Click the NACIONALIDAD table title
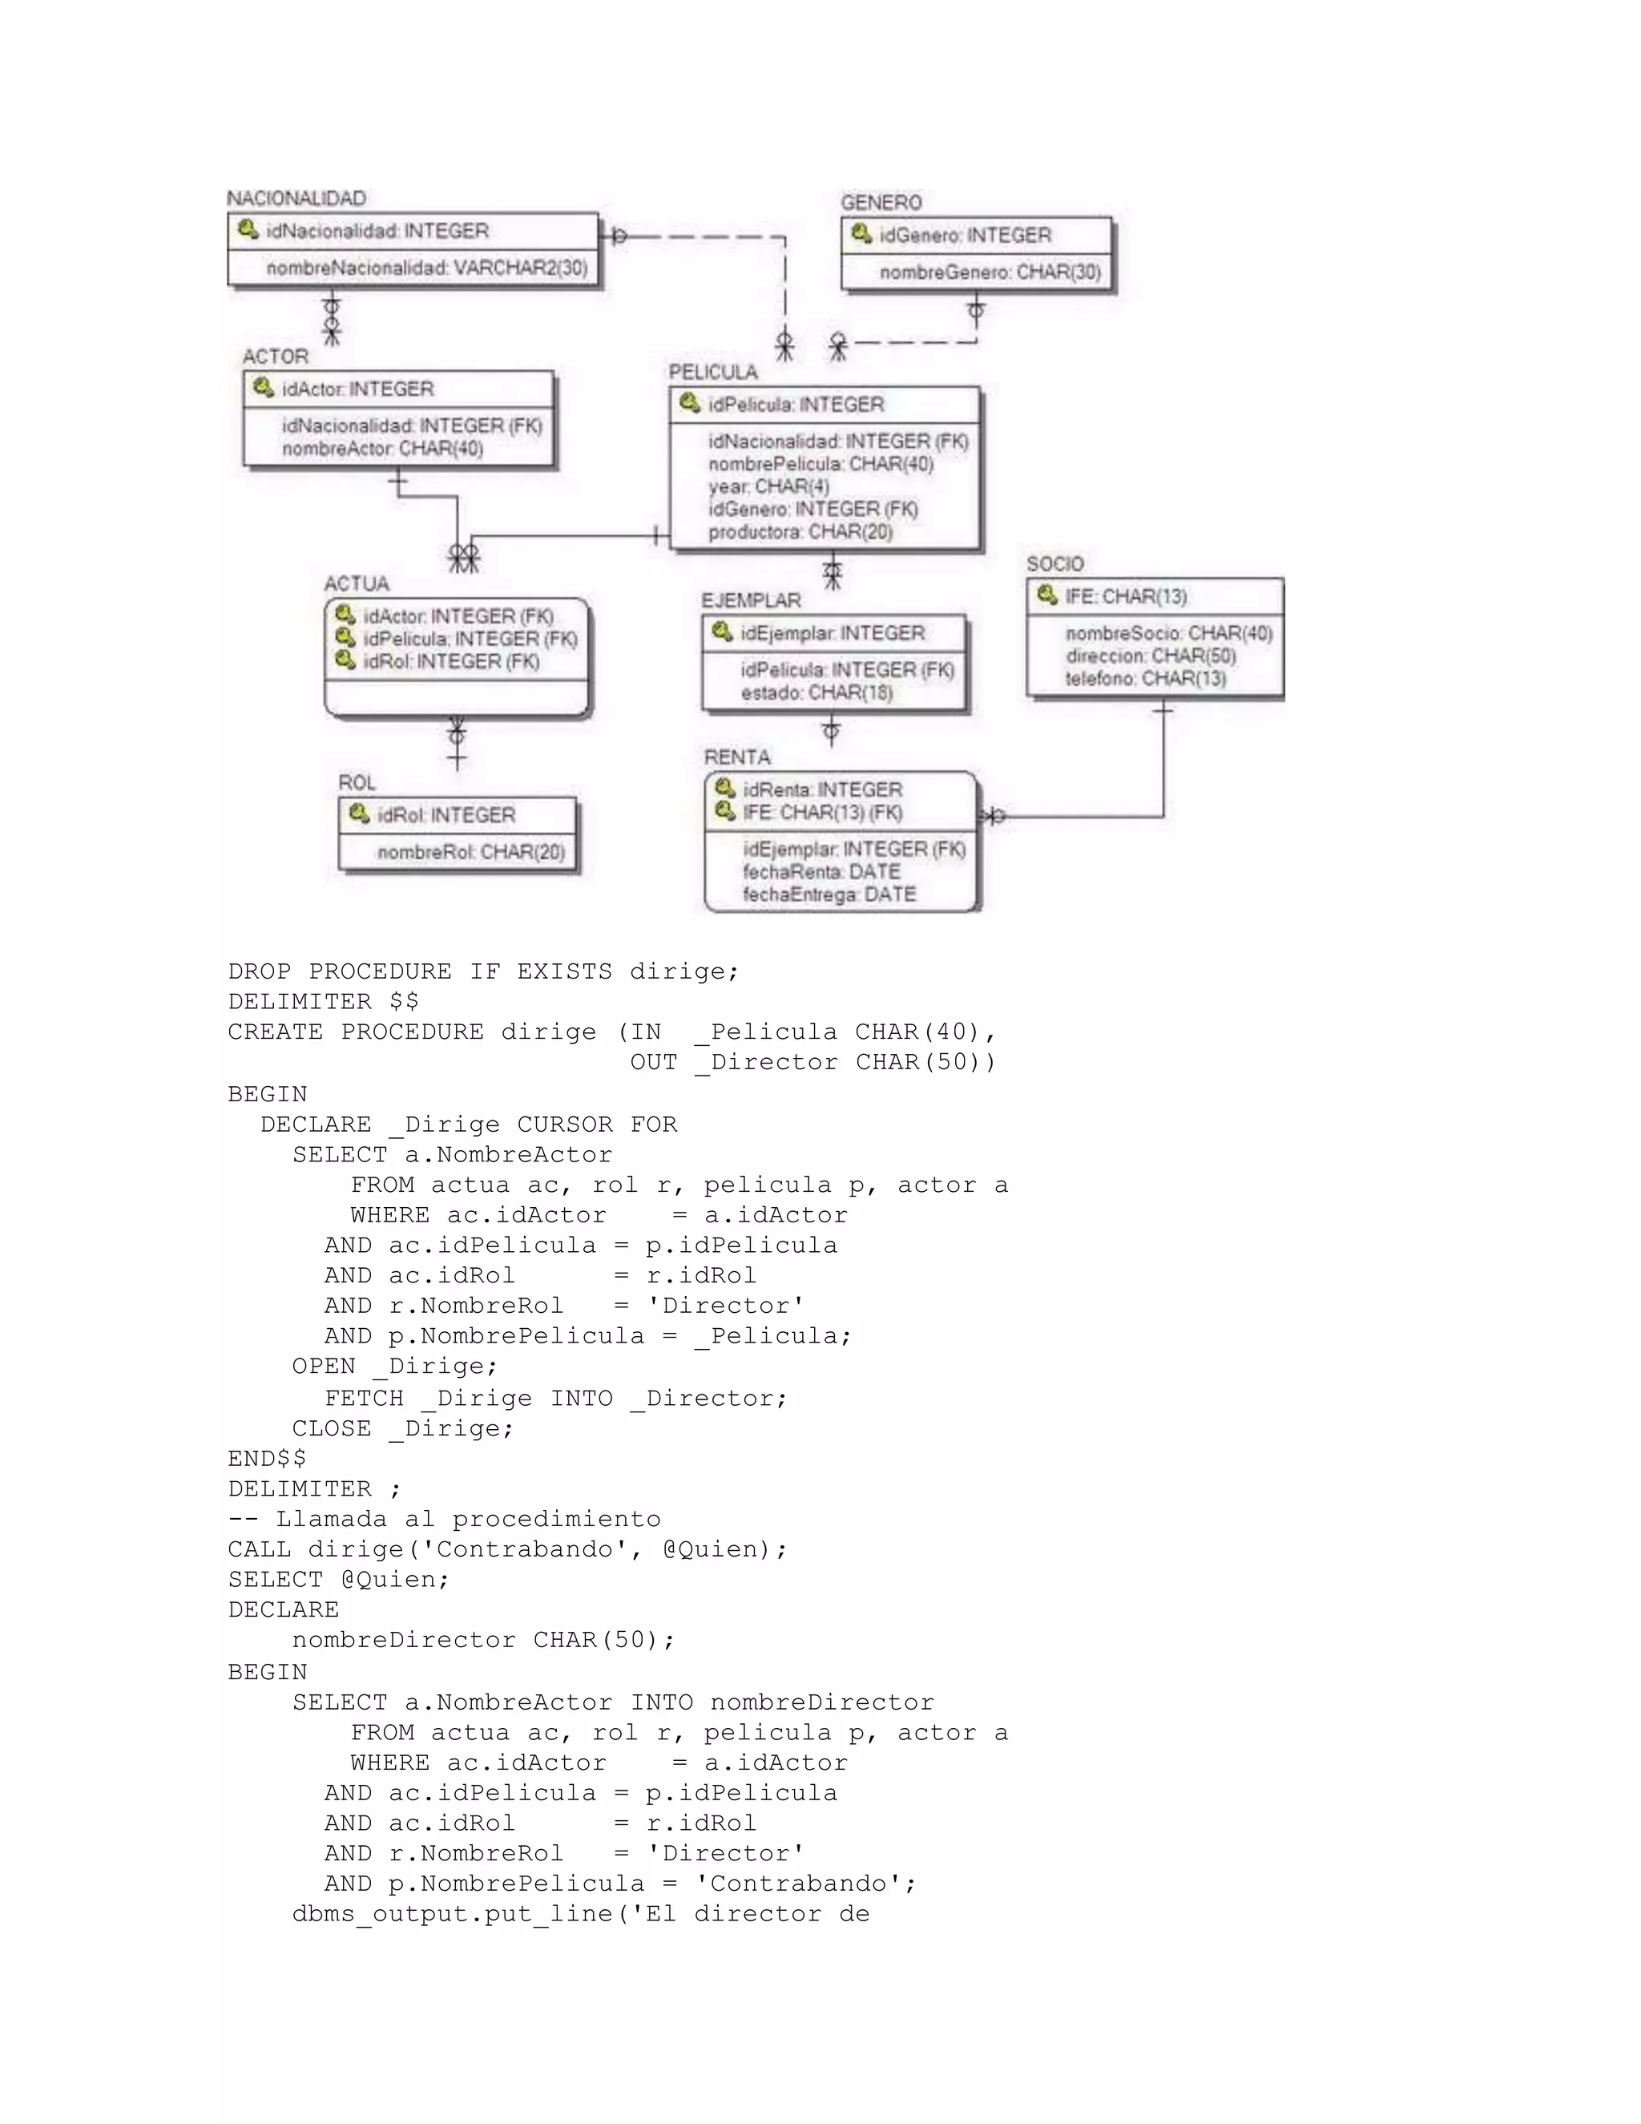(296, 199)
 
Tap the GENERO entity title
(881, 202)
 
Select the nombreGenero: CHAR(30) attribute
(990, 273)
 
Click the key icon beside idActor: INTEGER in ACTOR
(263, 388)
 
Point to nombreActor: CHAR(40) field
(382, 448)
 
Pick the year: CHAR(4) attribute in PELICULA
(768, 487)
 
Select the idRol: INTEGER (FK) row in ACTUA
(450, 661)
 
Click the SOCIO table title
(1054, 564)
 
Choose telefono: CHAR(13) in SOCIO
(1144, 679)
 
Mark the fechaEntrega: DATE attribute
(829, 894)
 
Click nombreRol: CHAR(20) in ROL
(470, 852)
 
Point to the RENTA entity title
(737, 757)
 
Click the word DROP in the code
(260, 971)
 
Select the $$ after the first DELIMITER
(404, 1002)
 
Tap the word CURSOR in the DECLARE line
(564, 1125)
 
